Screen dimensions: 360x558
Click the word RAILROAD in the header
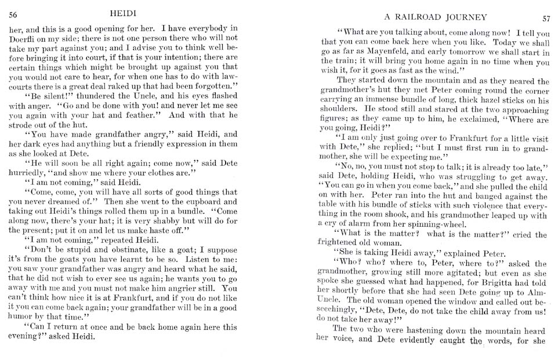414,17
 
